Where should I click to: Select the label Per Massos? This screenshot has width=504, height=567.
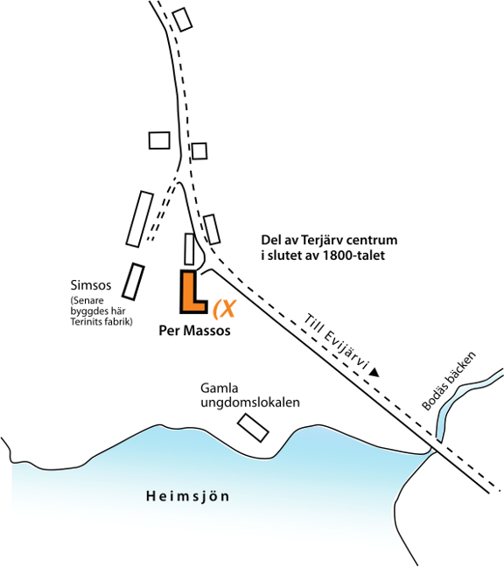194,331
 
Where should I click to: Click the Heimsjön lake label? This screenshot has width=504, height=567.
187,496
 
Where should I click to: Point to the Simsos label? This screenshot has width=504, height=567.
91,285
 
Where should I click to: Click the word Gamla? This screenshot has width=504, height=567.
219,388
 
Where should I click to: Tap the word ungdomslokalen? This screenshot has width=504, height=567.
250,402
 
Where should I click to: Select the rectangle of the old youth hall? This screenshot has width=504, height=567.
253,428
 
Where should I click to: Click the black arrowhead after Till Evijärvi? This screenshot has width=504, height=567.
374,373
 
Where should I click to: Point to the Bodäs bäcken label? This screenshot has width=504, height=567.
449,381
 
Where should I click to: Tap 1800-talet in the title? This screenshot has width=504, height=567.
353,255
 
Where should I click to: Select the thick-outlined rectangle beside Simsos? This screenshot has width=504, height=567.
133,282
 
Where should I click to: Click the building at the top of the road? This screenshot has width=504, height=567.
182,19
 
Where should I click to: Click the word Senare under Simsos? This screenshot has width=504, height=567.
87,300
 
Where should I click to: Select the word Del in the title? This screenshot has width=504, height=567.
269,240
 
